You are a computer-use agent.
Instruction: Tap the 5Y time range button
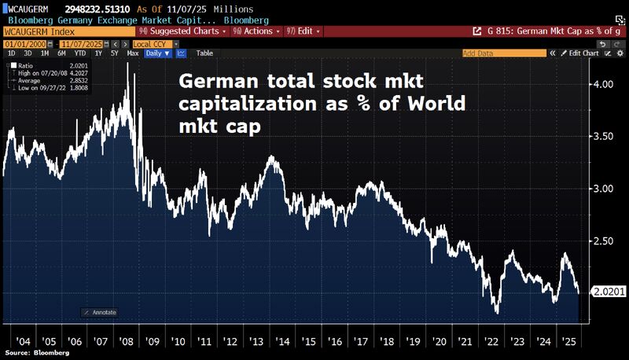click(x=115, y=53)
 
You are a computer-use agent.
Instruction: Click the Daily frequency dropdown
click(x=157, y=53)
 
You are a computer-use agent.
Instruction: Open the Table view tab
click(x=204, y=53)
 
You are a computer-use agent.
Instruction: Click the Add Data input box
click(x=503, y=53)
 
